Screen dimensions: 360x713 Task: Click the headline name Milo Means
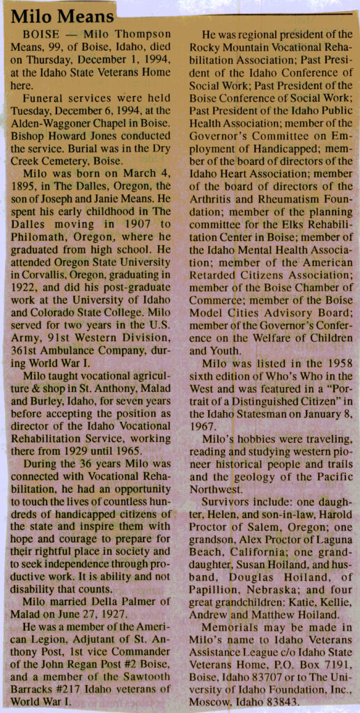point(63,15)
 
